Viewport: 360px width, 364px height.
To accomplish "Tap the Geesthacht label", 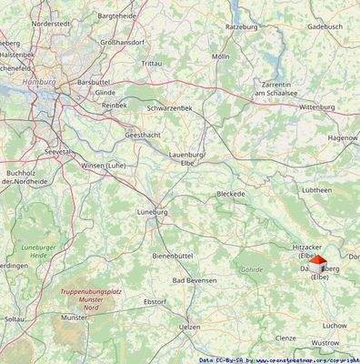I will [145, 135].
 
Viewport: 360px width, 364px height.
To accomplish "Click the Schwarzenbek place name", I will [170, 108].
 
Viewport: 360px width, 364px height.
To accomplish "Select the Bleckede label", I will [232, 194].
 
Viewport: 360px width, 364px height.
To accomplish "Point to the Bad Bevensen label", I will [195, 280].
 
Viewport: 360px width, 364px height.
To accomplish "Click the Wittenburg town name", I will [317, 106].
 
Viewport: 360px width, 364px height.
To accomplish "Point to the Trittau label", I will [152, 63].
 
